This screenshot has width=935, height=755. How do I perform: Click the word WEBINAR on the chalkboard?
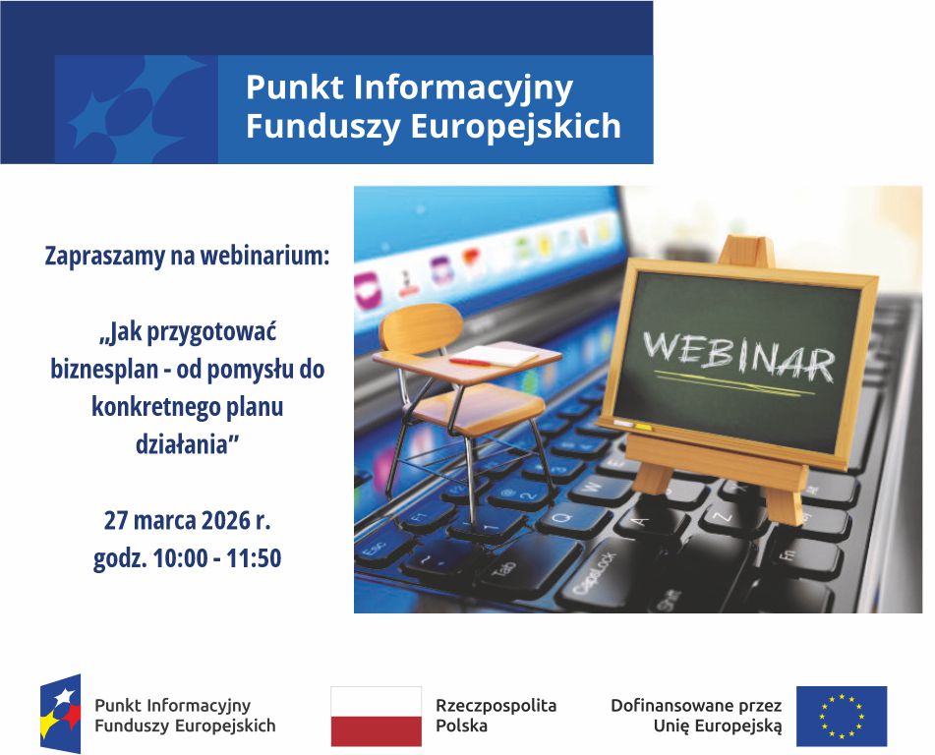738,354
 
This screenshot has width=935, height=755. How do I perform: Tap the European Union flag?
841,716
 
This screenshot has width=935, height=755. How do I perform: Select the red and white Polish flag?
376,716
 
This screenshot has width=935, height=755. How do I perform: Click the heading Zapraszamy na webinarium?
187,257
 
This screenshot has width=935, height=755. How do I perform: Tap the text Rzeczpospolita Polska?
496,716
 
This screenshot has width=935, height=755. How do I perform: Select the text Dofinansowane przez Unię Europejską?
696,716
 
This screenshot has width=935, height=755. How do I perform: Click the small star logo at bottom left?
60,714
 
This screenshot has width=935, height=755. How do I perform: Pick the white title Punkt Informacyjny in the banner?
408,87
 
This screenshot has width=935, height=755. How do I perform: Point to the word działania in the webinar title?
186,443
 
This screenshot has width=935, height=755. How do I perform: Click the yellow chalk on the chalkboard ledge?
643,427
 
